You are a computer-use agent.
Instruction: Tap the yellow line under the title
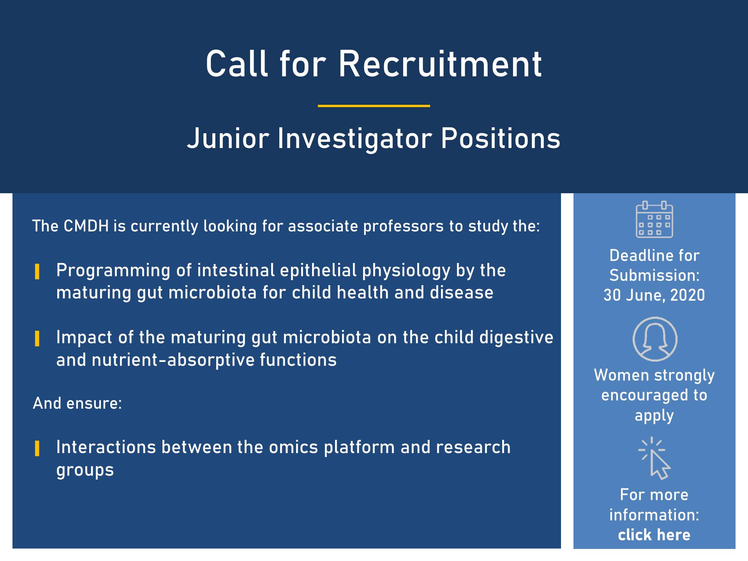coord(374,106)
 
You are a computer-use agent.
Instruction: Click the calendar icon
coord(654,219)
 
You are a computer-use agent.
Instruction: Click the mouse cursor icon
coord(654,458)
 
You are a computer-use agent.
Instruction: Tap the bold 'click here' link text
coord(654,535)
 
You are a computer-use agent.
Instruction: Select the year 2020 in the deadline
coord(688,295)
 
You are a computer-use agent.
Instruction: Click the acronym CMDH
coord(86,226)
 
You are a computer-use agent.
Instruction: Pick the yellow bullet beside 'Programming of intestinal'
coord(37,272)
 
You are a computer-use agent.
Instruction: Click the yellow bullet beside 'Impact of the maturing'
coord(37,339)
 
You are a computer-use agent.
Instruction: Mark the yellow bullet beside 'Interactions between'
coord(37,448)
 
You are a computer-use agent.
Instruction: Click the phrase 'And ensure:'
coord(77,403)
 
